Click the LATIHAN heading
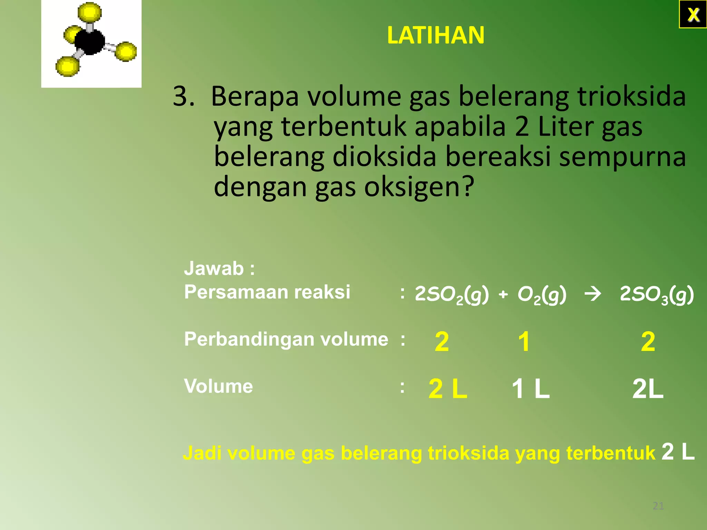coord(436,35)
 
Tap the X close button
coord(693,14)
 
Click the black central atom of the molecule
coord(89,42)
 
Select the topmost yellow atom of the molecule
coord(89,13)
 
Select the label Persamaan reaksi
coord(267,292)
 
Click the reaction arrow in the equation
coord(593,294)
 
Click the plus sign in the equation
coord(503,294)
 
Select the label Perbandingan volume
coord(286,339)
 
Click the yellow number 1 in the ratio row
coord(524,342)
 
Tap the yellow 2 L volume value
coord(448,389)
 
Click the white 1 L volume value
coord(531,389)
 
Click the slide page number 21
coord(658,506)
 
